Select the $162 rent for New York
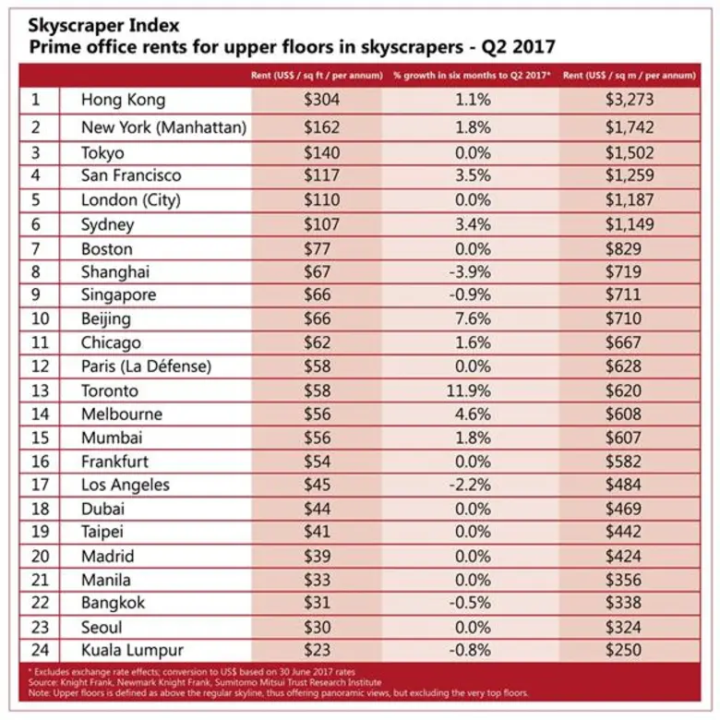point(321,128)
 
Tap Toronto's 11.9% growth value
point(474,390)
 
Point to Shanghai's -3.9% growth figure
point(474,272)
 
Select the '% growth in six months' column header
point(472,75)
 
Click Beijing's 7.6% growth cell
point(474,319)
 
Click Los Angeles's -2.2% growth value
point(474,485)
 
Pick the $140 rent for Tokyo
point(321,153)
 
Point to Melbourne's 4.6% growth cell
point(474,414)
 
